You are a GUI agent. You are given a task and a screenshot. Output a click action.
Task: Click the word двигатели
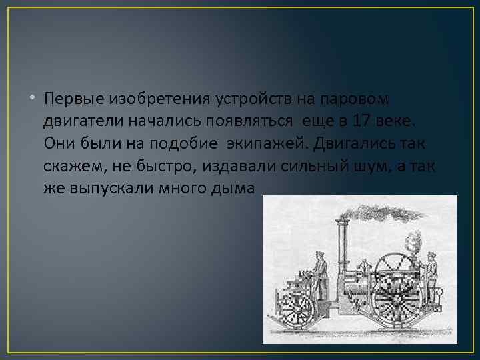[79, 121]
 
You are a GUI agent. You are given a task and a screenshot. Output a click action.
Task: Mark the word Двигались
[354, 143]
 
